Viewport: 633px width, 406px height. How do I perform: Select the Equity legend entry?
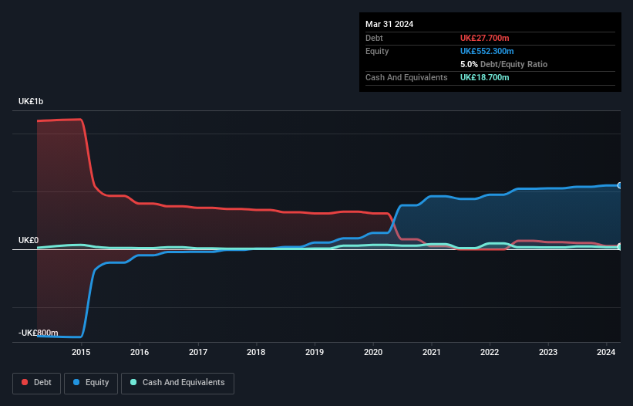click(x=90, y=383)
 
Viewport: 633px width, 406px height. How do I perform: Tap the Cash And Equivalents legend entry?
click(x=177, y=383)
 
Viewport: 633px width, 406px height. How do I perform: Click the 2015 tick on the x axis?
click(x=82, y=352)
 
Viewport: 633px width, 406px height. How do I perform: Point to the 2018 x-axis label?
click(x=257, y=352)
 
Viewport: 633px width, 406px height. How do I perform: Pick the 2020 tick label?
click(x=373, y=352)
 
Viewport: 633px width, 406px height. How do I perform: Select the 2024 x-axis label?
click(x=606, y=352)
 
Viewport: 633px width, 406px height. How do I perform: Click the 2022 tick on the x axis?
click(x=490, y=352)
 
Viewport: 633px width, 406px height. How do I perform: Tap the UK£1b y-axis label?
click(x=32, y=102)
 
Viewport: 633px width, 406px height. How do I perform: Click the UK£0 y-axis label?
click(x=28, y=240)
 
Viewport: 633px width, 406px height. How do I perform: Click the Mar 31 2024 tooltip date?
click(x=389, y=24)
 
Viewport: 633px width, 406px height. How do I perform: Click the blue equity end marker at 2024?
click(x=620, y=185)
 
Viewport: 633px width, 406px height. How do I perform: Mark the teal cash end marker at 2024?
click(x=620, y=247)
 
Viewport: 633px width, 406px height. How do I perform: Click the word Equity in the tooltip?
click(x=377, y=51)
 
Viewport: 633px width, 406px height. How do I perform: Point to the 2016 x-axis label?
click(x=140, y=352)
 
